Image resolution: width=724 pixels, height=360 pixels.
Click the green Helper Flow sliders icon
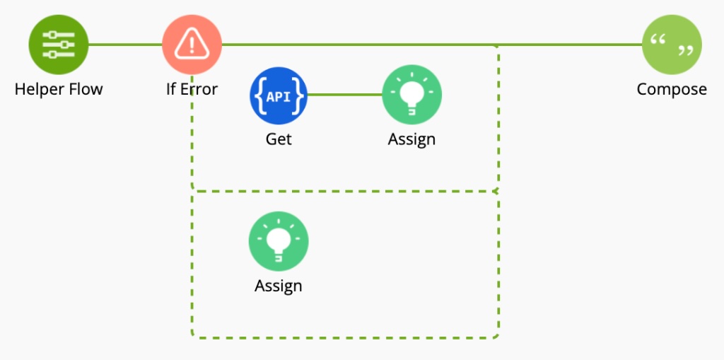pyautogui.click(x=59, y=45)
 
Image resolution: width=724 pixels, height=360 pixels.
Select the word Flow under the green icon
pyautogui.click(x=86, y=90)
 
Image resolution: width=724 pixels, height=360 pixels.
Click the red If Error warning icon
pyautogui.click(x=192, y=45)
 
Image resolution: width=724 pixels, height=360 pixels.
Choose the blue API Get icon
pyautogui.click(x=279, y=95)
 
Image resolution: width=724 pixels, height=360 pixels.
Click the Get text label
pyautogui.click(x=279, y=139)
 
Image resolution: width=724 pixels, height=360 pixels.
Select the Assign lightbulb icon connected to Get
pyautogui.click(x=411, y=95)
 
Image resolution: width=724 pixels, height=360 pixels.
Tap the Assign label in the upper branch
pyautogui.click(x=411, y=139)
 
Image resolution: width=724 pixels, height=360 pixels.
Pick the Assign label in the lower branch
pyautogui.click(x=279, y=286)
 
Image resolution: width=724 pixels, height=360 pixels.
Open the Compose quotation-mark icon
pyautogui.click(x=671, y=45)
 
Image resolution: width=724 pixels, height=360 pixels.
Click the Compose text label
pyautogui.click(x=671, y=90)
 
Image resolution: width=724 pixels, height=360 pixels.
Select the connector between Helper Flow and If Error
pyautogui.click(x=125, y=45)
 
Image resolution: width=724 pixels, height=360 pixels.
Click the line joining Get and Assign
pyautogui.click(x=345, y=95)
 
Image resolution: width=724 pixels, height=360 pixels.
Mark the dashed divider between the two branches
pyautogui.click(x=345, y=191)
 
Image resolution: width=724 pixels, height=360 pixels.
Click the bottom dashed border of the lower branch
pyautogui.click(x=345, y=337)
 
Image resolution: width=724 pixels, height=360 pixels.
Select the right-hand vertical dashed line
pyautogui.click(x=498, y=262)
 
